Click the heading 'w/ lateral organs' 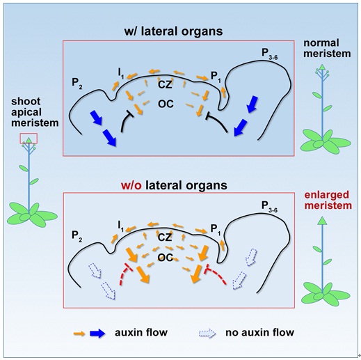coord(173,31)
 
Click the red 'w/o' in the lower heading coord(131,185)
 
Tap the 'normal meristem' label coord(327,48)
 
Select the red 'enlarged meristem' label coord(328,201)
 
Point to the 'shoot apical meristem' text coord(35,112)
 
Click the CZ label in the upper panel coord(165,85)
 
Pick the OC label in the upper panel coord(166,104)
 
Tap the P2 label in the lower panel coord(77,236)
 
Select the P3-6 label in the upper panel coord(269,54)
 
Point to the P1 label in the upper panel coord(216,77)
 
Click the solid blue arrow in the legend coord(97,334)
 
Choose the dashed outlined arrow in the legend coord(207,334)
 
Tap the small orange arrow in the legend coord(79,334)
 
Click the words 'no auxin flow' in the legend coord(259,332)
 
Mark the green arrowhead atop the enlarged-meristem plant coord(322,221)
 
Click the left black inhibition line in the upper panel coord(125,121)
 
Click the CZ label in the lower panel coord(165,237)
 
